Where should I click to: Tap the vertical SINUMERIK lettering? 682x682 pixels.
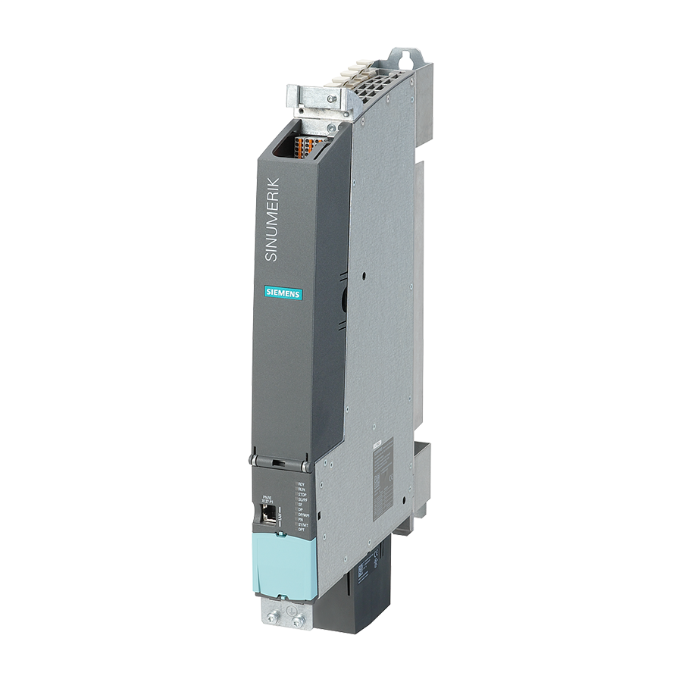click(272, 220)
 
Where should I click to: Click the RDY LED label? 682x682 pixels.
click(301, 483)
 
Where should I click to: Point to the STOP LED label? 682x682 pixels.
click(302, 494)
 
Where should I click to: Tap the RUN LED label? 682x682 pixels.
click(301, 489)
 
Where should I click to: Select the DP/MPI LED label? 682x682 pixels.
click(302, 515)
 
